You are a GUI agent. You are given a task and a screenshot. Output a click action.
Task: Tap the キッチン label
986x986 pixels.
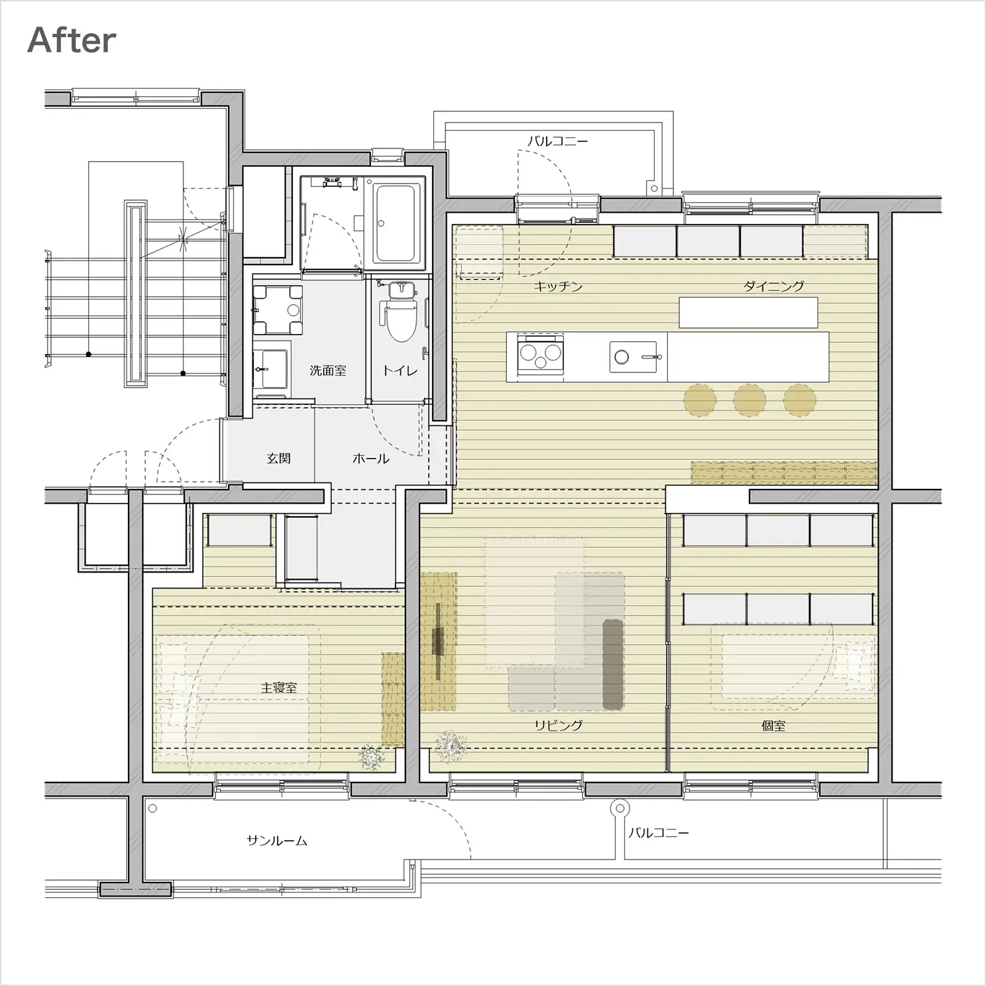[x=558, y=286]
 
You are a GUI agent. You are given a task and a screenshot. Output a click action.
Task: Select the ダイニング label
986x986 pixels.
[x=773, y=286]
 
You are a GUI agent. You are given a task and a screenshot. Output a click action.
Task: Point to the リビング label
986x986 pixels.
[x=559, y=725]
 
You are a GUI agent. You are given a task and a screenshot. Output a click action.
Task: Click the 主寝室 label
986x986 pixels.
[x=278, y=688]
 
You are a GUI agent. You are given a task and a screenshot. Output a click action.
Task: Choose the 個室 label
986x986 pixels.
[x=773, y=725]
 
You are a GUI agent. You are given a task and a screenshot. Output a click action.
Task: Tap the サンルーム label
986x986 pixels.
[x=277, y=841]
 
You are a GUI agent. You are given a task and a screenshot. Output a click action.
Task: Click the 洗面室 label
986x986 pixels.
[x=328, y=370]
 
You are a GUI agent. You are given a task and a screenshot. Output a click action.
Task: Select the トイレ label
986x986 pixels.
[x=400, y=370]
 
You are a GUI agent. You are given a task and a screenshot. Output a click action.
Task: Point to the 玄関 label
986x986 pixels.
[x=278, y=458]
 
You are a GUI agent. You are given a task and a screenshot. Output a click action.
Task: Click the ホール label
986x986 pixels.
[x=371, y=458]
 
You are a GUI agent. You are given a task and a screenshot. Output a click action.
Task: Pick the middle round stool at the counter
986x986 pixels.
[x=749, y=400]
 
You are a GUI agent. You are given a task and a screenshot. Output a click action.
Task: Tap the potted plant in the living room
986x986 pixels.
[x=452, y=746]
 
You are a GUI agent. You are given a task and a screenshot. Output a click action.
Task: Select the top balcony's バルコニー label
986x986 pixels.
[x=557, y=141]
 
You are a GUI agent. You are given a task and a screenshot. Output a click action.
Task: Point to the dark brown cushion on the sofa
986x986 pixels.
[x=613, y=664]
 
